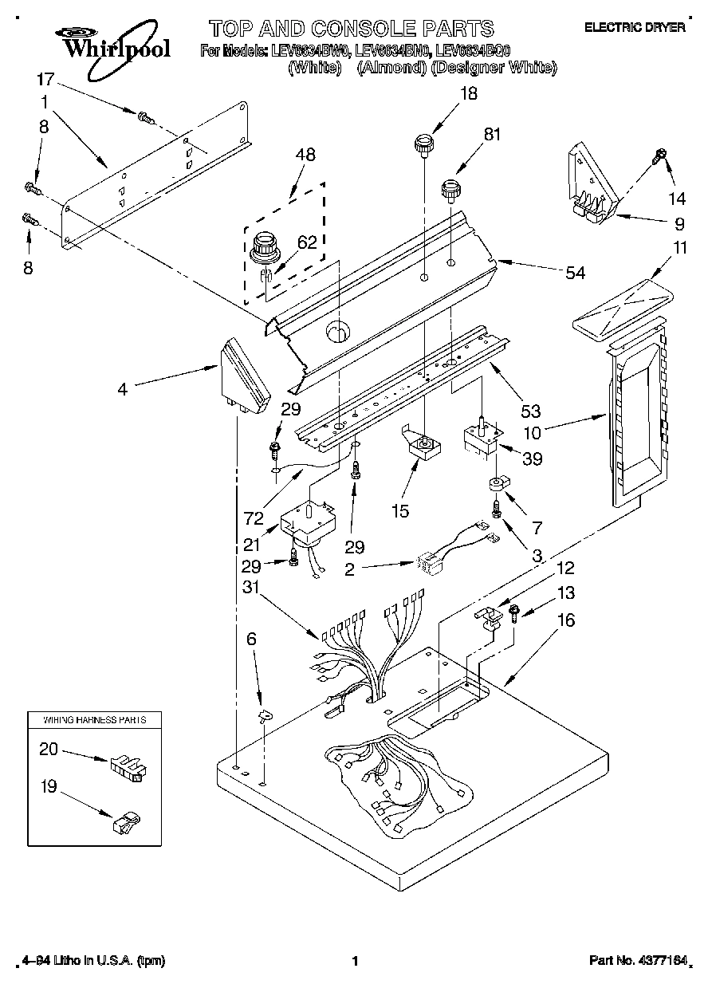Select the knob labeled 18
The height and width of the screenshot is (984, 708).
click(x=423, y=146)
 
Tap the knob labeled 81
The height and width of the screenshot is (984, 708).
click(x=453, y=191)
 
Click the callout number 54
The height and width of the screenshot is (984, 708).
click(x=574, y=273)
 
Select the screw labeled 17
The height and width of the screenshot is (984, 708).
click(x=144, y=118)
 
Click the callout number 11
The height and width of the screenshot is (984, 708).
click(x=679, y=248)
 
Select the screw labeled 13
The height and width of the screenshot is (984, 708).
click(x=514, y=615)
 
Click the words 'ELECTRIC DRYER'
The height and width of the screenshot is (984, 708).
click(x=635, y=27)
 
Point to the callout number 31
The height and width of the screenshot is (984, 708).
click(x=254, y=588)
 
